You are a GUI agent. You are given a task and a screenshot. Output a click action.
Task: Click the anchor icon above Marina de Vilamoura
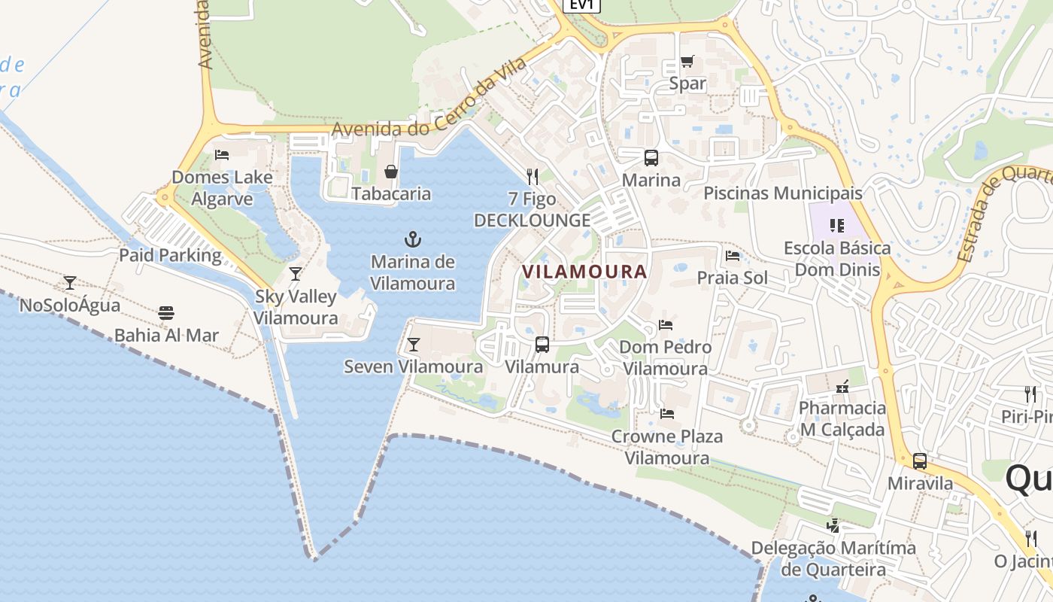coord(412,240)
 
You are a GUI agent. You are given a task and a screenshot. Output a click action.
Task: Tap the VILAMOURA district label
coord(584,272)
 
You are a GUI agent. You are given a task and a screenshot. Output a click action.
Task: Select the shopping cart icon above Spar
coord(687,62)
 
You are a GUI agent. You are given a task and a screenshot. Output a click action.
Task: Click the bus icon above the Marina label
coord(651,158)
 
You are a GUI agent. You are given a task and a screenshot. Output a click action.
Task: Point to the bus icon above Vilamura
coord(542,345)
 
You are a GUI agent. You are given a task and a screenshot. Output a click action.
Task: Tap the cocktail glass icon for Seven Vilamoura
coord(413,345)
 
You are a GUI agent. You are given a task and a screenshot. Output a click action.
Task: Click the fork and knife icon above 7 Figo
coord(533,177)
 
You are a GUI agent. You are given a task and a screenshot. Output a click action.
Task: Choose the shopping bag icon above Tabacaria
coord(391,172)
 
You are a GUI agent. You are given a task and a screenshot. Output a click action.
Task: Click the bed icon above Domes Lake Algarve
coord(222,155)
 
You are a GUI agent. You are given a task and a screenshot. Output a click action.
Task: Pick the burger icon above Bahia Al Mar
coord(166,313)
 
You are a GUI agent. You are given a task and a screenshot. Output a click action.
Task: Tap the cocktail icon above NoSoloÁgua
coord(70,283)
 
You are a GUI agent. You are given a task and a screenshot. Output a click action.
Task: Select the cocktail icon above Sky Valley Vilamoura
coord(296,274)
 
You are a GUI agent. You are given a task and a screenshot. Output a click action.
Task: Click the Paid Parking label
coord(171,255)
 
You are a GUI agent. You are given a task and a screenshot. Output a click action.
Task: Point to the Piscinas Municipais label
coord(783,193)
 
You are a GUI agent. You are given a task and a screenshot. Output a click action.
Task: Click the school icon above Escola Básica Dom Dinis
coord(837,225)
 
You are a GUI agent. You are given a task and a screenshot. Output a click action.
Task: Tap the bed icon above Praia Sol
coord(733,256)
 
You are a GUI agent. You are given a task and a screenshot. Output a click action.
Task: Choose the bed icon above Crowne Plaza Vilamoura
coord(666,413)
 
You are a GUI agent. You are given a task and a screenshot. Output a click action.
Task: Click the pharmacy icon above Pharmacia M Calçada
coord(842,386)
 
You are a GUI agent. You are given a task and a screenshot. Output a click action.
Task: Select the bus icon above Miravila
coord(920,461)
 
